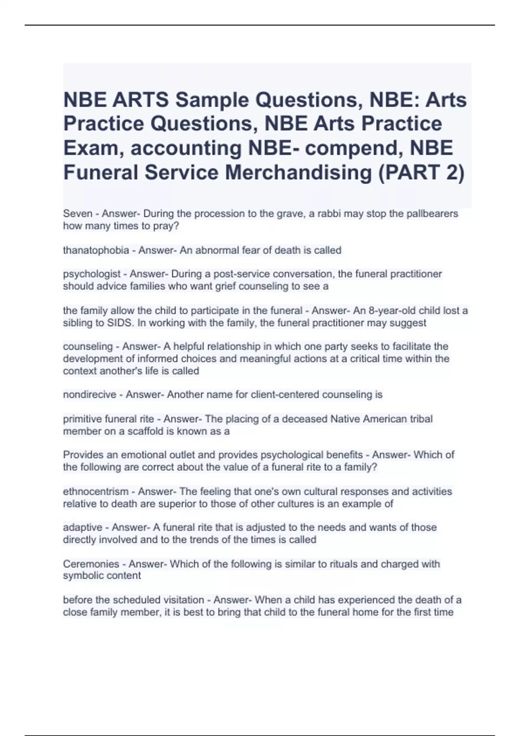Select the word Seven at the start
pyautogui.click(x=78, y=213)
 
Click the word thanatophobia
pyautogui.click(x=96, y=250)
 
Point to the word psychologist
pyautogui.click(x=91, y=274)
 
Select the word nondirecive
pyautogui.click(x=89, y=395)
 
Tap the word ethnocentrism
pyautogui.click(x=96, y=492)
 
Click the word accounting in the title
pyautogui.click(x=186, y=148)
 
